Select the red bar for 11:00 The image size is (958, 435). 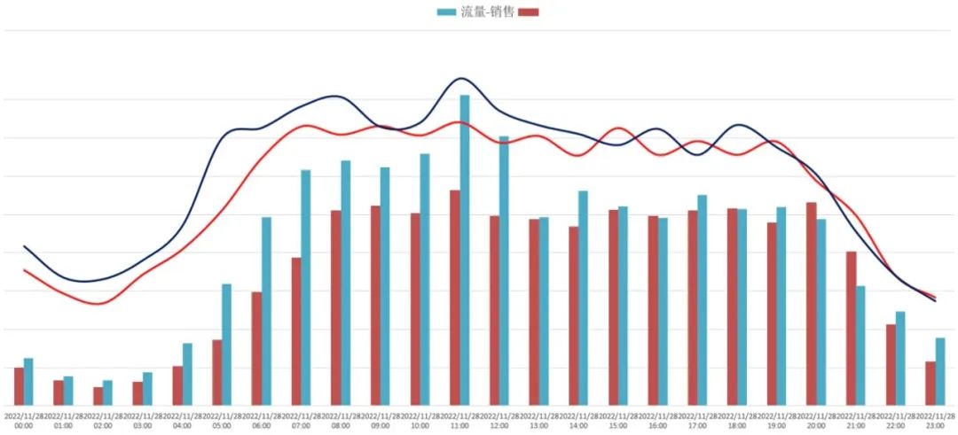(x=454, y=298)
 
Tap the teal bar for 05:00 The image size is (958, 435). (x=226, y=345)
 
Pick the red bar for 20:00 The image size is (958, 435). (x=811, y=304)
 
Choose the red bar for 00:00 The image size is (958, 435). (x=19, y=386)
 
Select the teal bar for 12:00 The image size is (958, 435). (x=504, y=271)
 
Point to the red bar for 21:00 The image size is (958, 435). (x=851, y=329)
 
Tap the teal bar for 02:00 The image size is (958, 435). (x=107, y=392)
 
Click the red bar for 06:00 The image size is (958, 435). (x=256, y=348)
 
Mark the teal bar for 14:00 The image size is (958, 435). (x=583, y=298)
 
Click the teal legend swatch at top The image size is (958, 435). (x=446, y=12)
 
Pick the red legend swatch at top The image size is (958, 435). (x=530, y=12)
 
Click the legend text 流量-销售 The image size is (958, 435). (x=487, y=12)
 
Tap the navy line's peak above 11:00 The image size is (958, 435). (x=461, y=78)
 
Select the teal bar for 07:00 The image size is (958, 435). (x=305, y=288)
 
